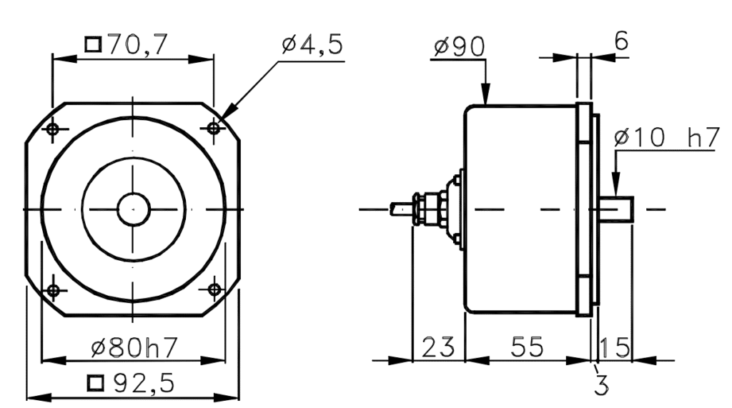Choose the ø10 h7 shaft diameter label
tap(665, 139)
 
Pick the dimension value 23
tap(438, 347)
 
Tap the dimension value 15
tap(614, 347)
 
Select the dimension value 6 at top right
tap(621, 41)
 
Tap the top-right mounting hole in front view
tap(214, 128)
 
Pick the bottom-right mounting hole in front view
tap(214, 289)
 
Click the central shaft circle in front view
tap(133, 209)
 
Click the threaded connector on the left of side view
tap(429, 209)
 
